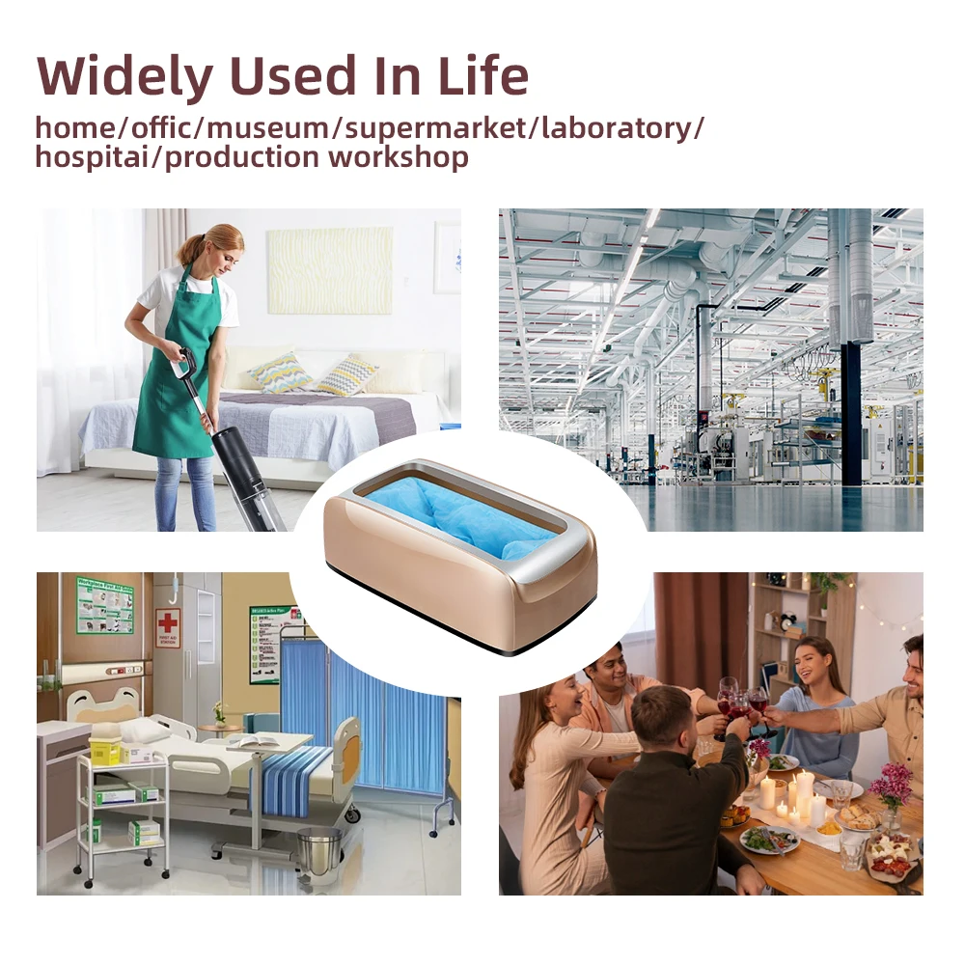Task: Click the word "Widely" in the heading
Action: [x=124, y=77]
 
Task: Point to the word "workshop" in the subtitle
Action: [x=399, y=157]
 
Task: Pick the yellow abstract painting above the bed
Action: [x=330, y=270]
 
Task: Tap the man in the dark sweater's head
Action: [x=658, y=714]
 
